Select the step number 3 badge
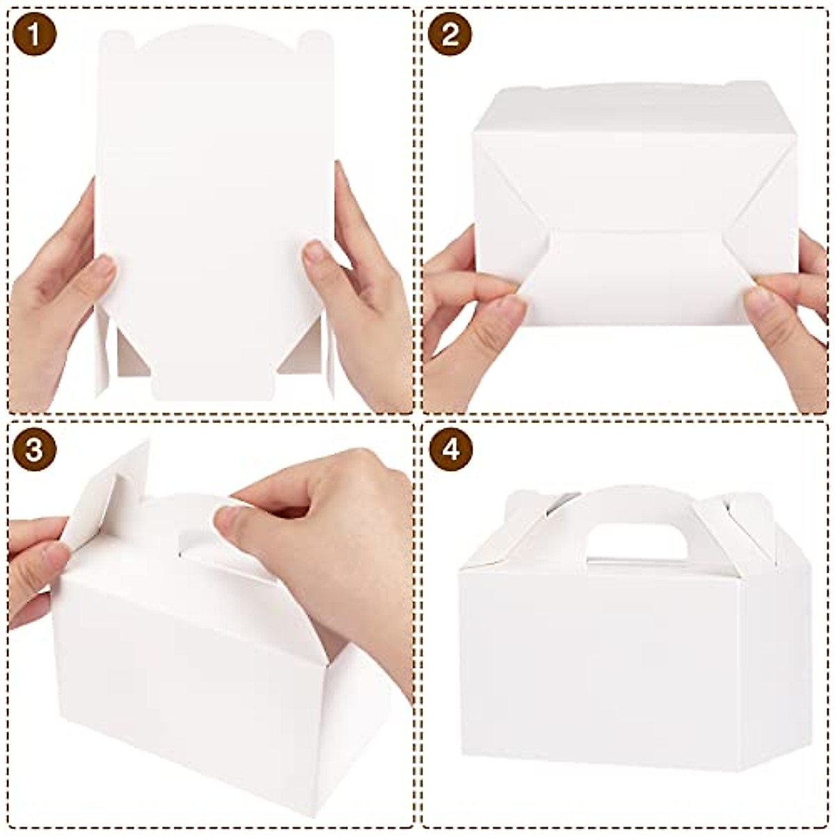point(34,450)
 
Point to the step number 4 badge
point(450,450)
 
